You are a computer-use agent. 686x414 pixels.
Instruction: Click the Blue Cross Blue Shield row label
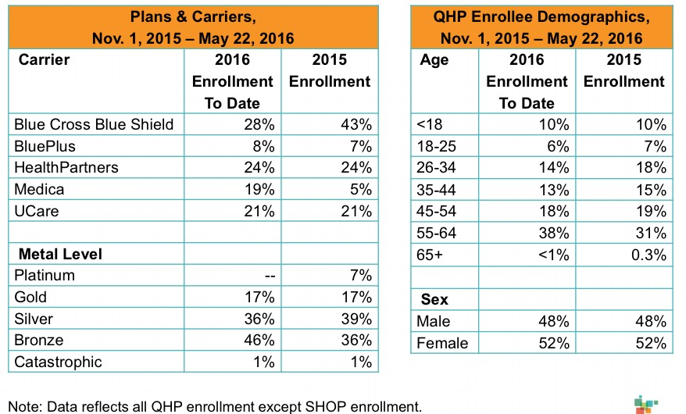click(94, 124)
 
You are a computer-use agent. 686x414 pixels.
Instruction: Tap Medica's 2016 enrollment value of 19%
click(259, 189)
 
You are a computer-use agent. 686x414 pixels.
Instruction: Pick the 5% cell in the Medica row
click(360, 189)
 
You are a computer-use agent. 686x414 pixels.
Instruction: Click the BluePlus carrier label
click(46, 146)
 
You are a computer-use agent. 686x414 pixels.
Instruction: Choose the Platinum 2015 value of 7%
click(360, 275)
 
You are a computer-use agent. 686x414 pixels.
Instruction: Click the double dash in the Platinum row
click(264, 276)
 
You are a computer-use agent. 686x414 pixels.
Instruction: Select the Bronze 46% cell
click(259, 340)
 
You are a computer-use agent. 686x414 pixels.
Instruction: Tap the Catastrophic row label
click(58, 362)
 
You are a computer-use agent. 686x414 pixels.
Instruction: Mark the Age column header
click(434, 60)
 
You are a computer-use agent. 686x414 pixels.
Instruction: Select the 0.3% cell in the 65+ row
click(647, 254)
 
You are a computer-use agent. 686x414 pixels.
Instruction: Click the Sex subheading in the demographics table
click(434, 298)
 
